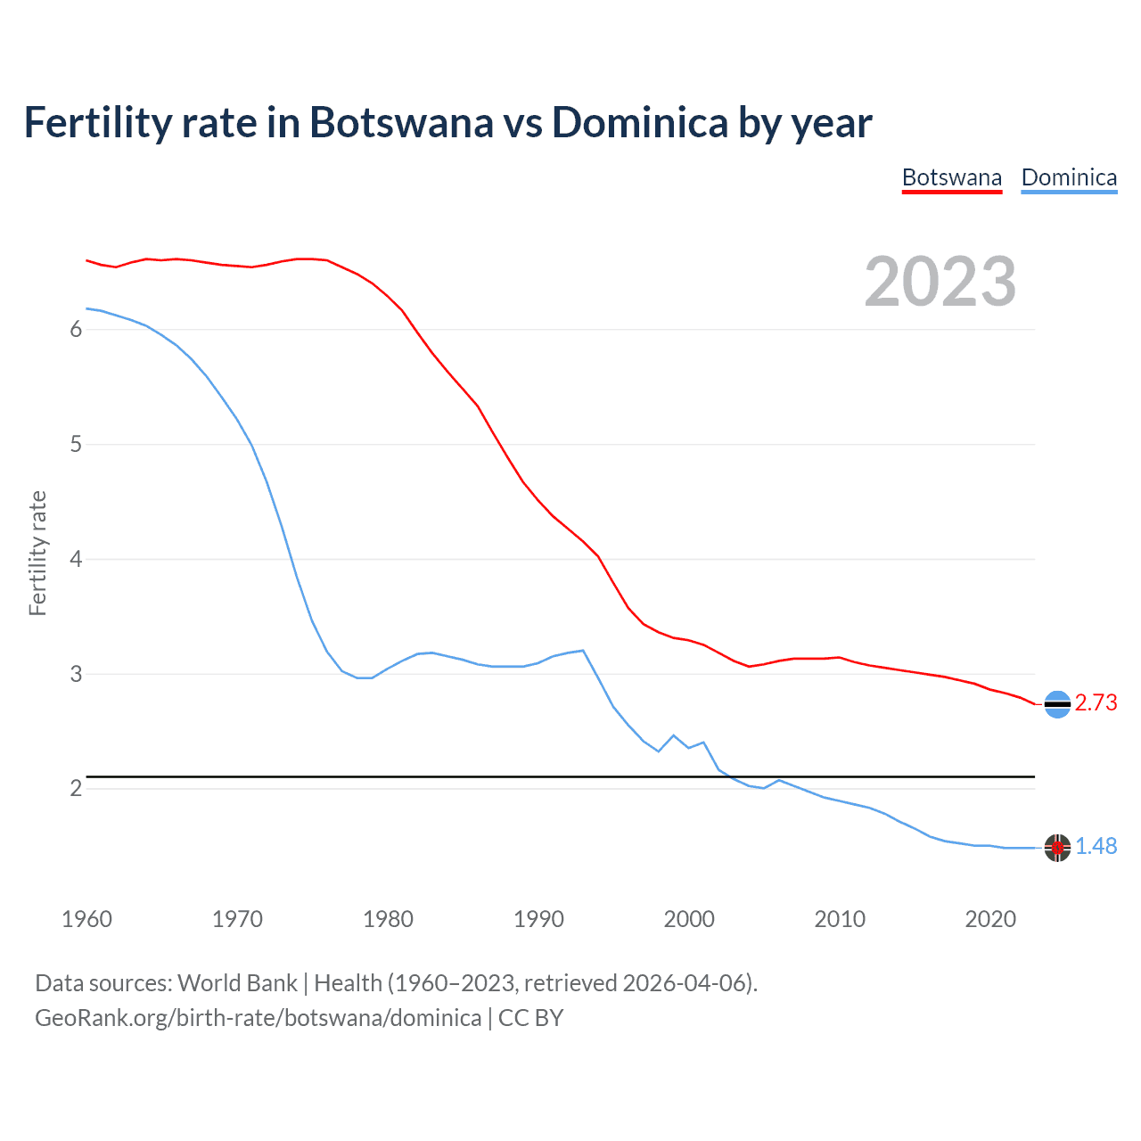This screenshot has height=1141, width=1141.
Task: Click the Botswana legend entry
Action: (951, 177)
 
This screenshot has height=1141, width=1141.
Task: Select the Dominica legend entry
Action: (1069, 177)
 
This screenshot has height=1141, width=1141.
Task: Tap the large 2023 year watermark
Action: (940, 282)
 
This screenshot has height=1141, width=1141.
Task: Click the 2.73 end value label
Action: (1096, 703)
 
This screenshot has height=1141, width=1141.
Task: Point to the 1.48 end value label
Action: (1096, 847)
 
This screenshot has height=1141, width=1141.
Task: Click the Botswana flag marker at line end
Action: (1057, 704)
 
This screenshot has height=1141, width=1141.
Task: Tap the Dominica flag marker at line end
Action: (1057, 848)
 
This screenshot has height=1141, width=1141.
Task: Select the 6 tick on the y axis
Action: (76, 330)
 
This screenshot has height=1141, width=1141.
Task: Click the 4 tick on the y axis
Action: (76, 560)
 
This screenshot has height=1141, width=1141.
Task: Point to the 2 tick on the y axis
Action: (76, 789)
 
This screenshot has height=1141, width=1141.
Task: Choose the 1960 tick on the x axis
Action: (86, 919)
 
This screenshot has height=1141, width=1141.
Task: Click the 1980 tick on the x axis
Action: (388, 919)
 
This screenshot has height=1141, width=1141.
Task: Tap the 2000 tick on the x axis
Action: (689, 919)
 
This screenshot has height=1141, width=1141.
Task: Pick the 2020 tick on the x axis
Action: (990, 919)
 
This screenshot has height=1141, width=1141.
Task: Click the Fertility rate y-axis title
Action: (37, 553)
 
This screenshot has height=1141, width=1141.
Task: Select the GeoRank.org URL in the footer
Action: (258, 1018)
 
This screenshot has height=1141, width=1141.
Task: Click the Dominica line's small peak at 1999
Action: (674, 735)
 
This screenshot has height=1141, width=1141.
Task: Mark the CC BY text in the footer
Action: (530, 1018)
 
